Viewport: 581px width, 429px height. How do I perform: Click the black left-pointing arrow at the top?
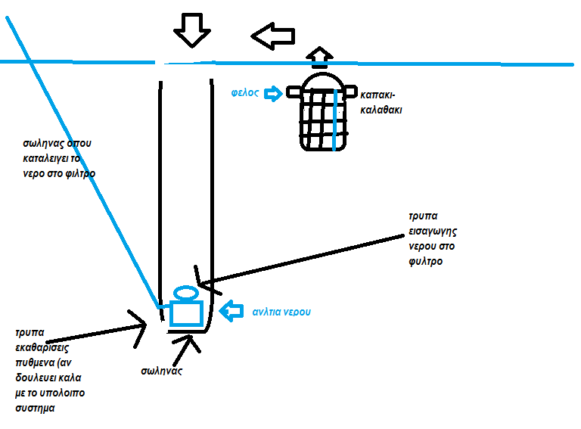pos(272,35)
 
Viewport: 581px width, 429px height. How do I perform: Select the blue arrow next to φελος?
pos(274,93)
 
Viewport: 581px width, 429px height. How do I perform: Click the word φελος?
pos(246,93)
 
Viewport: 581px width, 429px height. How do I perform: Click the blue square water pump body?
pos(186,312)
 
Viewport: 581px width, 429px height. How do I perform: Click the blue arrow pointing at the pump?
pos(230,310)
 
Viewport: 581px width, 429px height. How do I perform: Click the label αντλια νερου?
pos(282,311)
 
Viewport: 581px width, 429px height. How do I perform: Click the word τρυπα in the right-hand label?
pos(424,216)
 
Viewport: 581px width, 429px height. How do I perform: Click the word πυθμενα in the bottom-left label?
pos(36,363)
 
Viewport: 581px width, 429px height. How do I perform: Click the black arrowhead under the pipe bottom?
pos(188,344)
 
